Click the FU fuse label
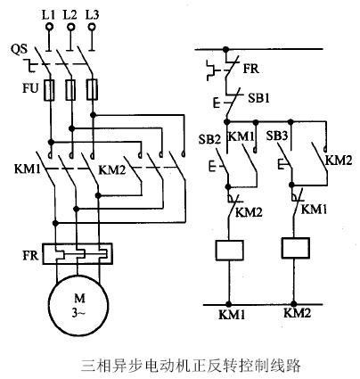(x=18, y=89)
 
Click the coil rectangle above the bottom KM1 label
(x=231, y=249)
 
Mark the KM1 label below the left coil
(x=231, y=315)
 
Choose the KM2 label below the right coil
(x=296, y=314)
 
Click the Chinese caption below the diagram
(x=178, y=365)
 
